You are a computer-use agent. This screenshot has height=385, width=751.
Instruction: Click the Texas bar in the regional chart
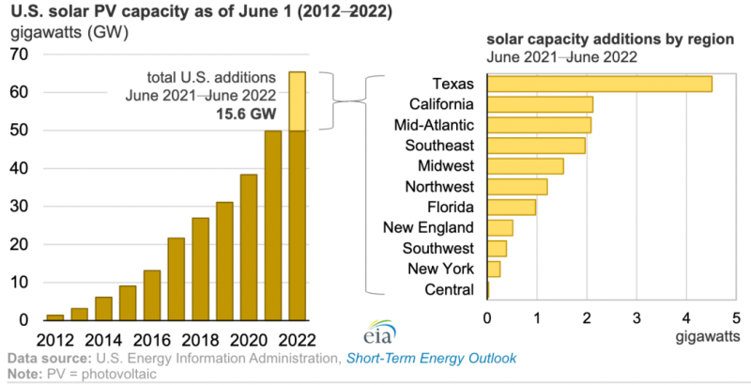pos(599,84)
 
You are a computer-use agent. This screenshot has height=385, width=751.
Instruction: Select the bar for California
pos(540,103)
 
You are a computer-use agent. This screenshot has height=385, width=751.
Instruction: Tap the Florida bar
pos(512,207)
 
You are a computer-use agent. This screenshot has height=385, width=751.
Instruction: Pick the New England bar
pos(499,227)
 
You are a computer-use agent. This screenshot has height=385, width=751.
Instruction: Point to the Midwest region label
pos(448,165)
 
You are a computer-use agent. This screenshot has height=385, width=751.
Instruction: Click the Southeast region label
pos(441,145)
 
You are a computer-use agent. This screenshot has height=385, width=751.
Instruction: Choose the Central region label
pos(450,290)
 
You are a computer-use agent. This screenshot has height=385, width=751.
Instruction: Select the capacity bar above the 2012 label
pos(55,317)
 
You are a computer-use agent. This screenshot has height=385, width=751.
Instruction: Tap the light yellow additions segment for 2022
pos(297,101)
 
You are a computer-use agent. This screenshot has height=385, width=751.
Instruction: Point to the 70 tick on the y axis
pos(18,54)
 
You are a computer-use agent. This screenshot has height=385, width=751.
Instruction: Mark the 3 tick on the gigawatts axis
pos(636,317)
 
